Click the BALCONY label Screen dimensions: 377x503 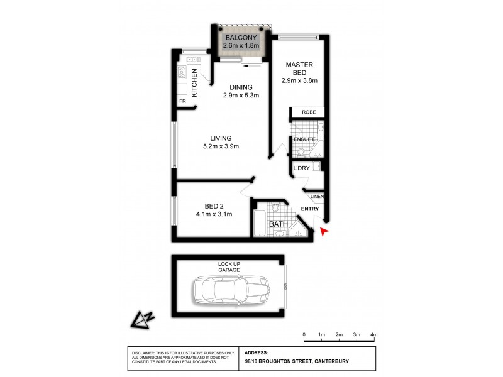pos(241,37)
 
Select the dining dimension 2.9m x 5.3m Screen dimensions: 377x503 pos(241,96)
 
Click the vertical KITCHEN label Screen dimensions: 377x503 pos(195,82)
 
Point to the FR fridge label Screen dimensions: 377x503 pos(182,101)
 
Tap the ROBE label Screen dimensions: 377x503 pos(308,112)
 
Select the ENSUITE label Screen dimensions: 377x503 pos(304,139)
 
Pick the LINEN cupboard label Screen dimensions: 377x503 pos(317,196)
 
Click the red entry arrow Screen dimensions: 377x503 pos(324,232)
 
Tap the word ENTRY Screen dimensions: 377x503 pos(310,209)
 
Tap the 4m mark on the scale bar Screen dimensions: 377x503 pos(373,334)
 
